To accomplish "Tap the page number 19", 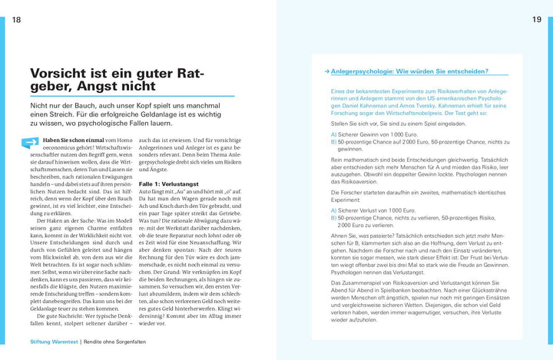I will [536, 21].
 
